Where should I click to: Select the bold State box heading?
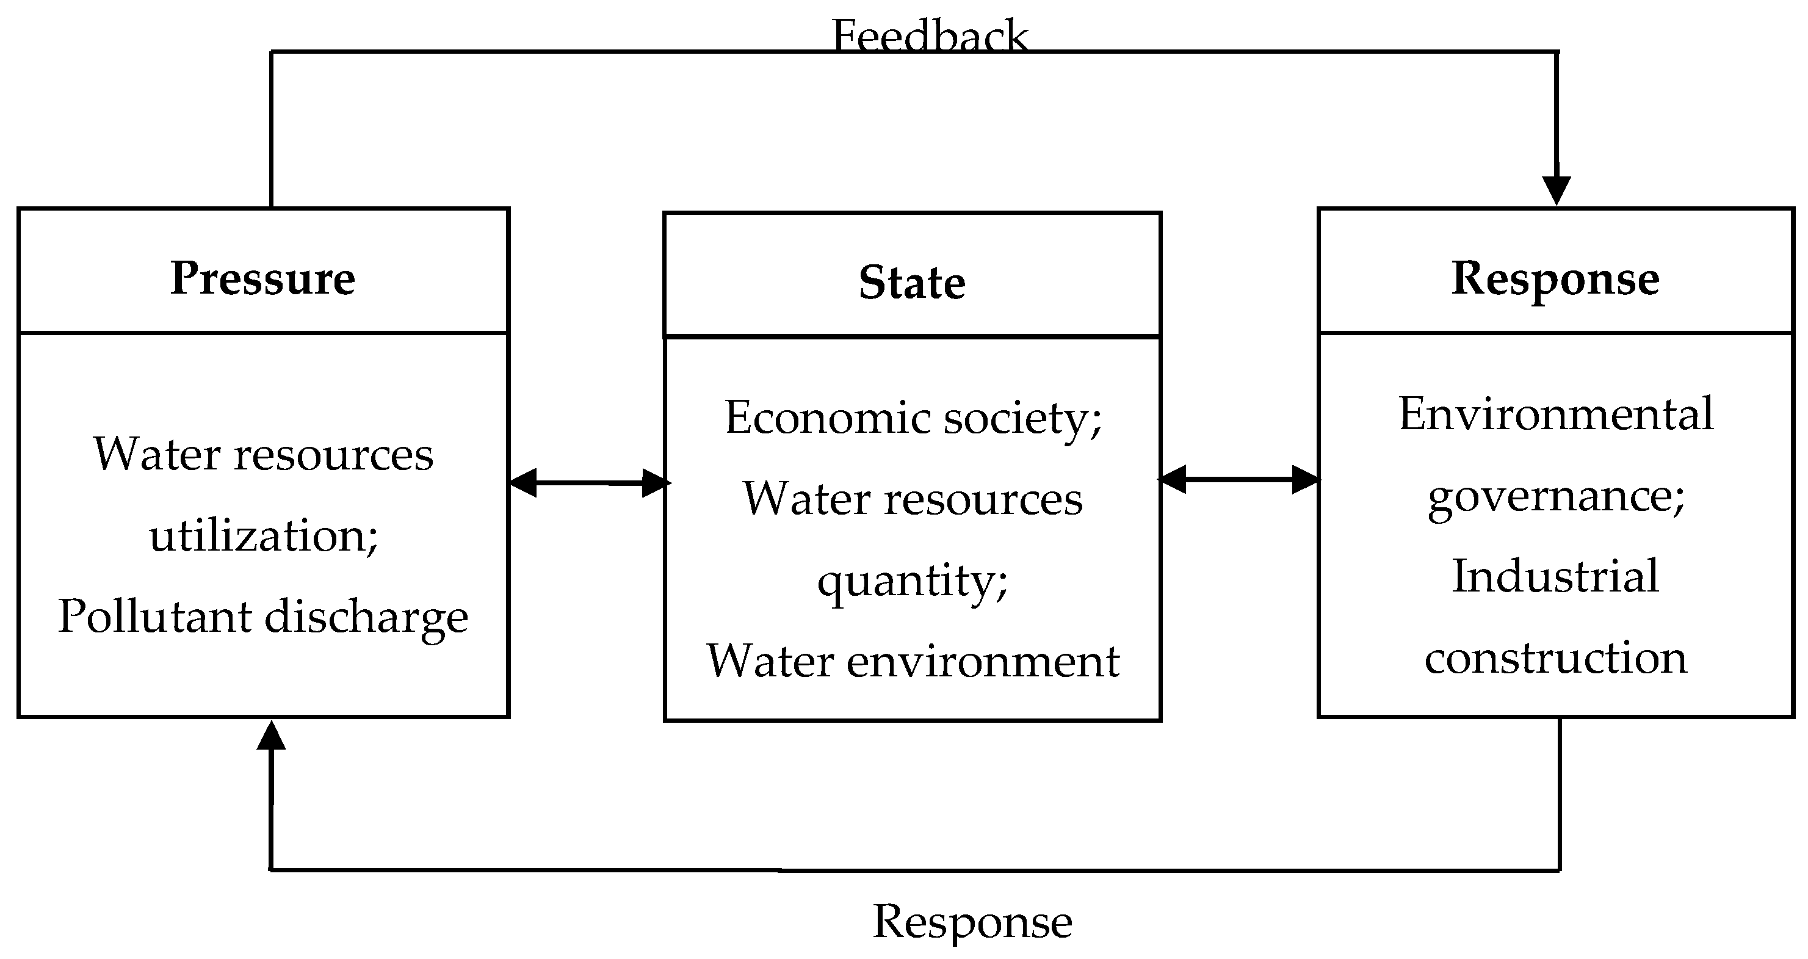(x=912, y=282)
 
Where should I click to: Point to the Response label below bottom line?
(x=972, y=921)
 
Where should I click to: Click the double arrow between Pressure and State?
(x=588, y=483)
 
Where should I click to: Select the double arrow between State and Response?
(x=1238, y=480)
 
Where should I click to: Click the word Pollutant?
(x=154, y=617)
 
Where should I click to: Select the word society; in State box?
(x=1022, y=418)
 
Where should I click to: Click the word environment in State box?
(x=983, y=661)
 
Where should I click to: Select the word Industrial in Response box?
(x=1555, y=576)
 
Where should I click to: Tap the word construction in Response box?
(x=1555, y=658)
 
